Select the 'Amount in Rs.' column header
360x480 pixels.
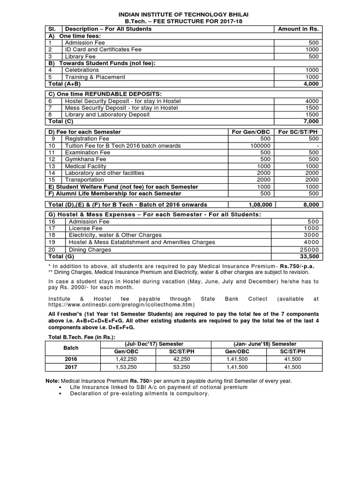click(x=298, y=29)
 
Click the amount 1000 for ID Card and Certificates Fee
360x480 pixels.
click(x=312, y=49)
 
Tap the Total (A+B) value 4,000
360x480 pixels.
click(x=310, y=84)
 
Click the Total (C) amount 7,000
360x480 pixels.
click(x=310, y=121)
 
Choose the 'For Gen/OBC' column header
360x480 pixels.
click(x=251, y=132)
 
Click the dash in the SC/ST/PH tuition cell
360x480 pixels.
click(x=317, y=146)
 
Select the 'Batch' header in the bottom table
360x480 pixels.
click(x=71, y=348)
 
